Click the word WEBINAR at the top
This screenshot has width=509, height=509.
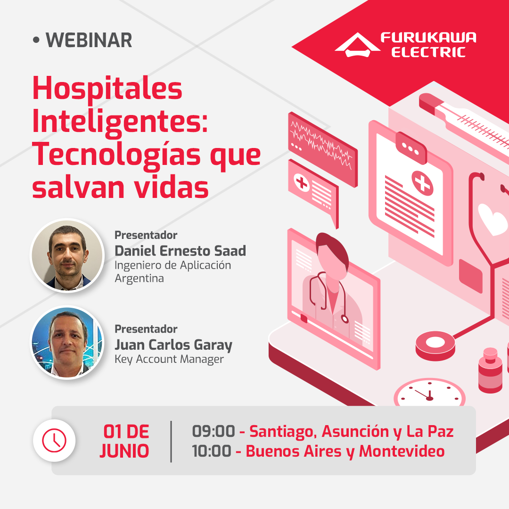click(x=89, y=40)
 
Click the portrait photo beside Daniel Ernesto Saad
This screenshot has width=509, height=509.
click(x=67, y=255)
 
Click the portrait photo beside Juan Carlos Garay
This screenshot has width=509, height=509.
click(x=67, y=342)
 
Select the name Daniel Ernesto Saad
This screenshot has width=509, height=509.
click(x=180, y=251)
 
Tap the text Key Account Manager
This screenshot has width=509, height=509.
click(x=169, y=359)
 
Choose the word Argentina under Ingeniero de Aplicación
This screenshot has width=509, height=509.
click(x=140, y=278)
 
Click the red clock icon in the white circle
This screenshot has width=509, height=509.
click(x=54, y=440)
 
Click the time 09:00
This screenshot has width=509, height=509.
click(x=213, y=431)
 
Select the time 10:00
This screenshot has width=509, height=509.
click(x=212, y=451)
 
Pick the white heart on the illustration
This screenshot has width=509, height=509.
click(x=492, y=218)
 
